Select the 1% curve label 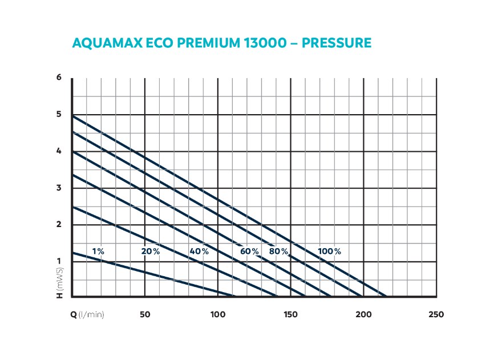point(98,251)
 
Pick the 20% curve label point(151,251)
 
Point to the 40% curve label point(200,251)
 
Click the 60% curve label point(249,251)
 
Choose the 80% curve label point(279,251)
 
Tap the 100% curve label point(330,251)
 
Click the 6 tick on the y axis point(59,78)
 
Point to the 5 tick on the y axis point(59,115)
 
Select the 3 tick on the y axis point(59,188)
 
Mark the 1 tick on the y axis point(59,261)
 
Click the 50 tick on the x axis point(145,314)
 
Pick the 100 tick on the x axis point(217,314)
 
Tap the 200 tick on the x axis point(363,314)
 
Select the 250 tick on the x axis point(436,314)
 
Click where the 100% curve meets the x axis point(386,297)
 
